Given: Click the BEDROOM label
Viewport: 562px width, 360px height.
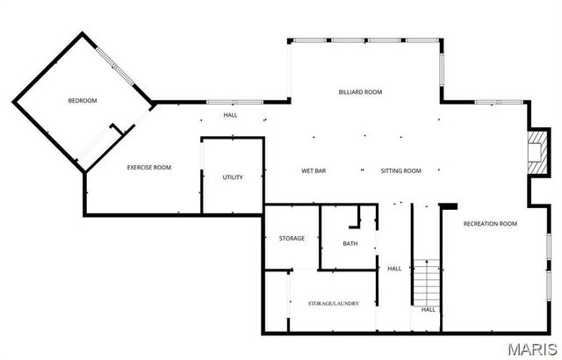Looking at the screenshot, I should pyautogui.click(x=83, y=100).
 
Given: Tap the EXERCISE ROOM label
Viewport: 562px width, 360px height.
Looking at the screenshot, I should pyautogui.click(x=149, y=167).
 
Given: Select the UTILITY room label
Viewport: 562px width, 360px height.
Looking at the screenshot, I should pyautogui.click(x=233, y=177).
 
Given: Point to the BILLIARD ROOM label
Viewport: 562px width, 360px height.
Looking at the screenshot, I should pyautogui.click(x=360, y=92).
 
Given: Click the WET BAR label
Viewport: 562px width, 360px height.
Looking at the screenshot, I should pyautogui.click(x=313, y=170).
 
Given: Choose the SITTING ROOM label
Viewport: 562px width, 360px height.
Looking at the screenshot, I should pyautogui.click(x=400, y=170).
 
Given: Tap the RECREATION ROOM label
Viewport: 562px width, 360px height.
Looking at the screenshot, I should pyautogui.click(x=490, y=224).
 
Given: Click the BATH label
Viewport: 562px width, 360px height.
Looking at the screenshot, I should pyautogui.click(x=350, y=243).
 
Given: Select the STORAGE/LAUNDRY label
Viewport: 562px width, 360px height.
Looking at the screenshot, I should pyautogui.click(x=333, y=303).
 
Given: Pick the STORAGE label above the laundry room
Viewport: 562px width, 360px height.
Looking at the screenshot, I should pyautogui.click(x=292, y=238).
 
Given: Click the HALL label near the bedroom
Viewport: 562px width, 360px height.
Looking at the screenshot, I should pyautogui.click(x=230, y=115).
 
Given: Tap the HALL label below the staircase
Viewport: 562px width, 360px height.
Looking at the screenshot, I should pyautogui.click(x=429, y=309).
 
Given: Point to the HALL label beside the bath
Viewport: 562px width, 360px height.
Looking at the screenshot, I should pyautogui.click(x=394, y=268).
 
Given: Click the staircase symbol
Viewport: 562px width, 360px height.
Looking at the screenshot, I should pyautogui.click(x=426, y=281).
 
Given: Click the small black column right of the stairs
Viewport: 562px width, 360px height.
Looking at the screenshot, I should pyautogui.click(x=448, y=206).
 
